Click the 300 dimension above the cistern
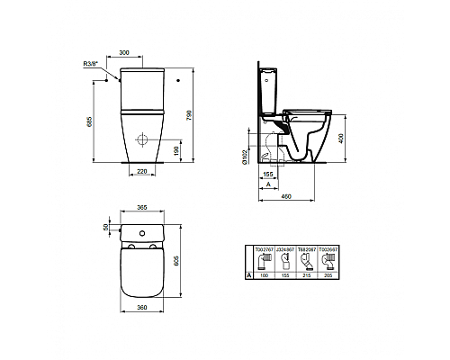(x=136, y=53)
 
